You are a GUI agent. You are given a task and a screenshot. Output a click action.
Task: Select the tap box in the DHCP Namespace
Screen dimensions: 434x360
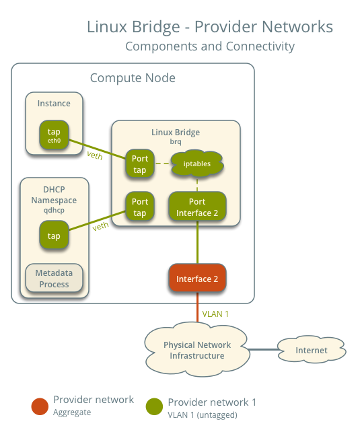click(x=54, y=236)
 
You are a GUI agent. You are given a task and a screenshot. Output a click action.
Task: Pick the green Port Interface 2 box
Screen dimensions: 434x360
click(x=196, y=207)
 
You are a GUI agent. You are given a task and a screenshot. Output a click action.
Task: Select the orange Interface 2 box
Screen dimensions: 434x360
click(x=196, y=279)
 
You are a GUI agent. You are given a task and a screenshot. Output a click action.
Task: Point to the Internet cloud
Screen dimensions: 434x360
click(x=311, y=350)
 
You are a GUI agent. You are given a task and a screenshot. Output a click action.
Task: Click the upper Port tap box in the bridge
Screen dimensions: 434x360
click(x=140, y=164)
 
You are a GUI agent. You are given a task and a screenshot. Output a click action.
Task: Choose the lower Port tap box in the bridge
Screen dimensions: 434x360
click(x=140, y=207)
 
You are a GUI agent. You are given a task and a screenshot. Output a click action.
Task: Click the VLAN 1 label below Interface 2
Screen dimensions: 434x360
click(x=216, y=314)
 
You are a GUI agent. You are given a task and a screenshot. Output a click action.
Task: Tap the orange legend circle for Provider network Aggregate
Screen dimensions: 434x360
click(x=40, y=406)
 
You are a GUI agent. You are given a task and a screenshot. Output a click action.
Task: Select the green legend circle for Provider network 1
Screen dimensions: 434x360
click(x=154, y=406)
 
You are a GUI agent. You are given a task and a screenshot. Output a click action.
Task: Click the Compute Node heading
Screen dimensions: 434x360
click(x=133, y=79)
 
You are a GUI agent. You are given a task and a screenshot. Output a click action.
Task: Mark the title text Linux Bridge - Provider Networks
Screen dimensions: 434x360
click(x=209, y=27)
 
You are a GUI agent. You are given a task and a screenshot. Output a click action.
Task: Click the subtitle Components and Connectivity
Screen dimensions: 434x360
click(x=209, y=46)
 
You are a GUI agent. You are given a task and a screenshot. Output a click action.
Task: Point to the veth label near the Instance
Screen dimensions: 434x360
click(x=95, y=155)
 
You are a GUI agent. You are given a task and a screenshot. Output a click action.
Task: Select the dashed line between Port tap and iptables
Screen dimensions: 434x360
click(x=161, y=164)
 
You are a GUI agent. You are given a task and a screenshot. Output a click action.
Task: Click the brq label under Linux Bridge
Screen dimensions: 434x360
click(x=176, y=142)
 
